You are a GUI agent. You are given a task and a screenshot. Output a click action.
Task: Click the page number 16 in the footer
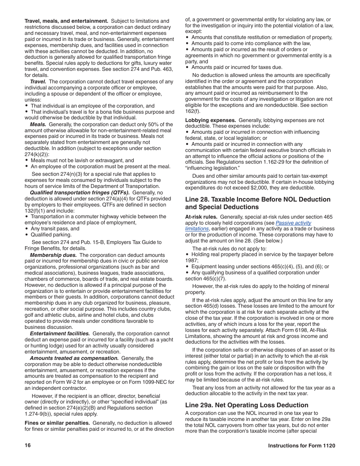[x=28, y=446]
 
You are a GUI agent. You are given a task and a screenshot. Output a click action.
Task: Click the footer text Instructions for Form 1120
[x=302, y=446]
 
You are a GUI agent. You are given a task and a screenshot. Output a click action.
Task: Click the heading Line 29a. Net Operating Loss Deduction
[x=247, y=405]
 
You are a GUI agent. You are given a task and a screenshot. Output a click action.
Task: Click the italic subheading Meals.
[x=39, y=124]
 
